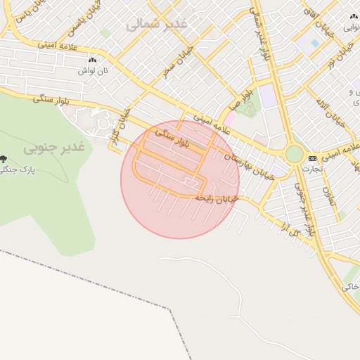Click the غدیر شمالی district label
tap(157, 25)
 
